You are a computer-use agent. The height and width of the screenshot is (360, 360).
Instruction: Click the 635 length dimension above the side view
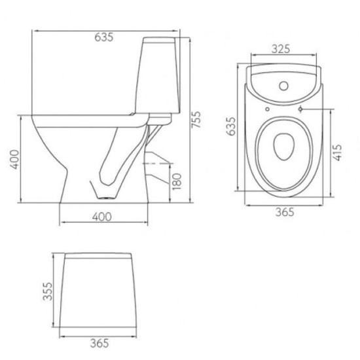104,37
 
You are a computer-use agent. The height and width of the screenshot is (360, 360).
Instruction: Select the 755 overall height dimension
196,119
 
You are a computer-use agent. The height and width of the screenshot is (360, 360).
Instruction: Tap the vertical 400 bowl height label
15,159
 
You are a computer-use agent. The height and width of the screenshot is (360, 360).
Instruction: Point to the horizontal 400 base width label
102,217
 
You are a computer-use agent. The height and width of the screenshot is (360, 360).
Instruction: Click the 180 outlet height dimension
177,181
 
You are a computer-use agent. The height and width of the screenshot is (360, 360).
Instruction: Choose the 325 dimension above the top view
281,48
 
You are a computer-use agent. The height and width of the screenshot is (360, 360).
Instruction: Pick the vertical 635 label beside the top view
231,126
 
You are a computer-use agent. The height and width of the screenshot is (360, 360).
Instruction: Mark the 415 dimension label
337,153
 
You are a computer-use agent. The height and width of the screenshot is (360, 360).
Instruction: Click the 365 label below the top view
285,212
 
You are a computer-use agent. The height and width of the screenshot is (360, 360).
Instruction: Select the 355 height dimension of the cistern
48,291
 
